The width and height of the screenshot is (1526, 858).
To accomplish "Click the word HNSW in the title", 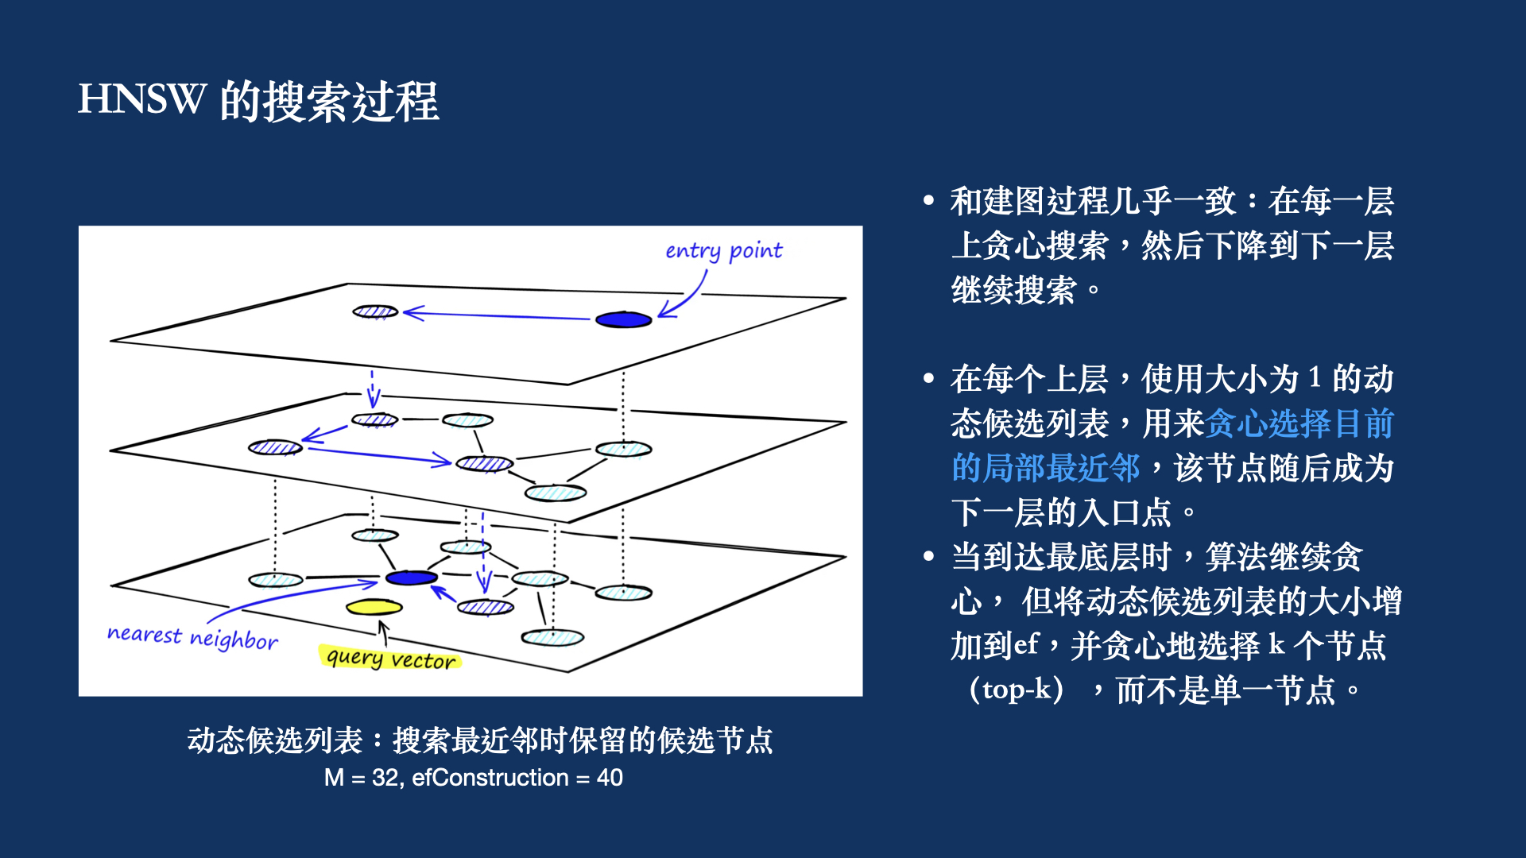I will (x=141, y=100).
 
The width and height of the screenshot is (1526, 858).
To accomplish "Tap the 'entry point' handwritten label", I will (x=723, y=251).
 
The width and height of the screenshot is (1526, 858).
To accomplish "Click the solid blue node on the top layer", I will (x=624, y=319).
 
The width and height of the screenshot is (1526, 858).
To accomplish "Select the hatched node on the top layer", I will (x=375, y=311).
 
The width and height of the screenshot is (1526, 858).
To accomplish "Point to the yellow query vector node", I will (x=374, y=608).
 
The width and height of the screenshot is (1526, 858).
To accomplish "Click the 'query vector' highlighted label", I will (x=390, y=659).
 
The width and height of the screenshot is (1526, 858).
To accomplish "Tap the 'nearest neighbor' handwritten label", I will (x=192, y=637).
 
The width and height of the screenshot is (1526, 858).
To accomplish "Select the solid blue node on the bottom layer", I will (x=411, y=578).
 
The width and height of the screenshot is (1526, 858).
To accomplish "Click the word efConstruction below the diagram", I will (x=490, y=778).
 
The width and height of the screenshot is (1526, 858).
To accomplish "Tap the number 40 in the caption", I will (x=610, y=778).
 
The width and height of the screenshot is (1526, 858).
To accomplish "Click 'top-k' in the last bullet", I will (x=1017, y=690).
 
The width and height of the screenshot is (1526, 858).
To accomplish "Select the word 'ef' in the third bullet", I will (x=1026, y=644).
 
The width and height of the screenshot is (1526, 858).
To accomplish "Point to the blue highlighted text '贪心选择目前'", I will (x=1299, y=423).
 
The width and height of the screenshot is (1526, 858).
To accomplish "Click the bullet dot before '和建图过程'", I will (x=928, y=201).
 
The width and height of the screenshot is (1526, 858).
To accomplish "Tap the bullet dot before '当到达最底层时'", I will (x=928, y=557).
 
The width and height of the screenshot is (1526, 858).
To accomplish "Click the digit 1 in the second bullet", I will (x=1315, y=378).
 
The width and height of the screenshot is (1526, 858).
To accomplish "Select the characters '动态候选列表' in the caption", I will (x=275, y=740).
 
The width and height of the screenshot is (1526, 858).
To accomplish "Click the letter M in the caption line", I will (x=334, y=778).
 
